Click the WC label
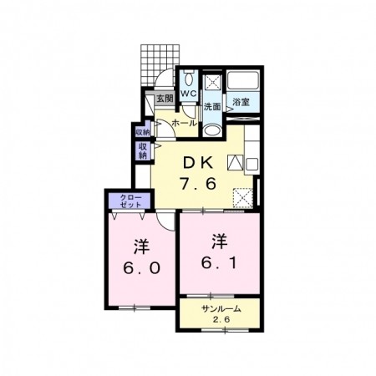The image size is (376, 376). click(x=189, y=94)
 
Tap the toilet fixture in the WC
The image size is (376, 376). click(x=189, y=78)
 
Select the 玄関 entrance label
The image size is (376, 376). click(x=165, y=99)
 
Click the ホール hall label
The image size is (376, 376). click(x=185, y=123)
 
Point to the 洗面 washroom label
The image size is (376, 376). click(x=212, y=106)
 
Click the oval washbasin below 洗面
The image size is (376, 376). click(x=212, y=130)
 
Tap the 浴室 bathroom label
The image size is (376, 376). click(x=241, y=102)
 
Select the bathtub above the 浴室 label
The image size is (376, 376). click(x=243, y=80)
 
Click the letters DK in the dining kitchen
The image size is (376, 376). click(x=198, y=163)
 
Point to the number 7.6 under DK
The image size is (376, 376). click(x=198, y=184)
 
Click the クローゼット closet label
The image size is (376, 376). click(x=131, y=201)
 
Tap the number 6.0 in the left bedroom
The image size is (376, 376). click(x=142, y=268)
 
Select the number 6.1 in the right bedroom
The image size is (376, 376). click(x=219, y=263)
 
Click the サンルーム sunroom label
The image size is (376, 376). click(x=221, y=308)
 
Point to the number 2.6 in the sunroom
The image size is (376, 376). click(x=221, y=320)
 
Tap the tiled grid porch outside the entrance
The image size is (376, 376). click(x=160, y=64)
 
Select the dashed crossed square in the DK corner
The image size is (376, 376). click(x=243, y=198)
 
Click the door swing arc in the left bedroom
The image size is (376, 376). click(x=165, y=221)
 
